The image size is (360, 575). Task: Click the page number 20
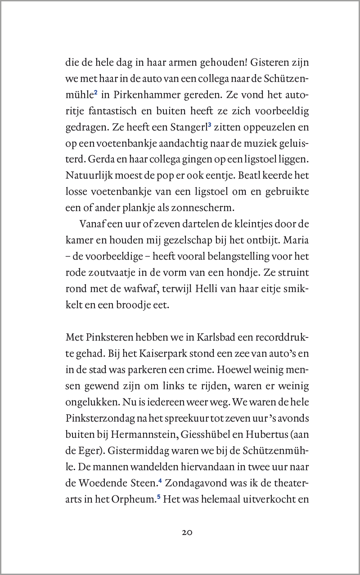[187, 532]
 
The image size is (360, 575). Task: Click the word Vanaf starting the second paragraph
[92, 224]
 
